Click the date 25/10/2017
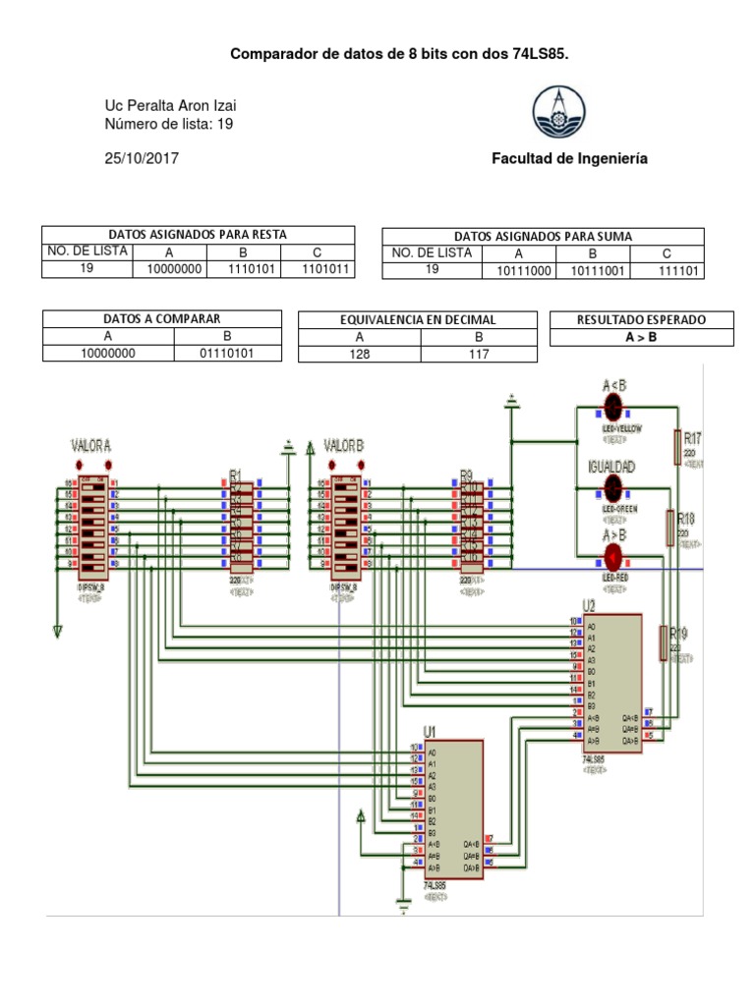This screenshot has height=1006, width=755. [143, 158]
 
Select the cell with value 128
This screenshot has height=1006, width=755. [360, 354]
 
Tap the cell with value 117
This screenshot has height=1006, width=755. [479, 354]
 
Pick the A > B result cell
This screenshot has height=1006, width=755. [642, 337]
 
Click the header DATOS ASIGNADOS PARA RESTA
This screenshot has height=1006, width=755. [198, 235]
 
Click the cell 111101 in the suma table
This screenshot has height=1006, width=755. [668, 270]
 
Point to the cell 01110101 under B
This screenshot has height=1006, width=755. [228, 353]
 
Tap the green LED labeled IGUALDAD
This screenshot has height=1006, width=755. [612, 485]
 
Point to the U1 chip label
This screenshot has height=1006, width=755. [429, 731]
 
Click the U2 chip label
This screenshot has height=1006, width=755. [588, 605]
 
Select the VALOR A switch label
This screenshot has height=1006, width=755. [90, 445]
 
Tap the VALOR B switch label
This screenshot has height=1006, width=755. [344, 445]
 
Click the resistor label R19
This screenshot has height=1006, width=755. [678, 634]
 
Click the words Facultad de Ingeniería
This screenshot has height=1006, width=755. [569, 158]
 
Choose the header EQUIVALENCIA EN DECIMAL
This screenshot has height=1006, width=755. [418, 320]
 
